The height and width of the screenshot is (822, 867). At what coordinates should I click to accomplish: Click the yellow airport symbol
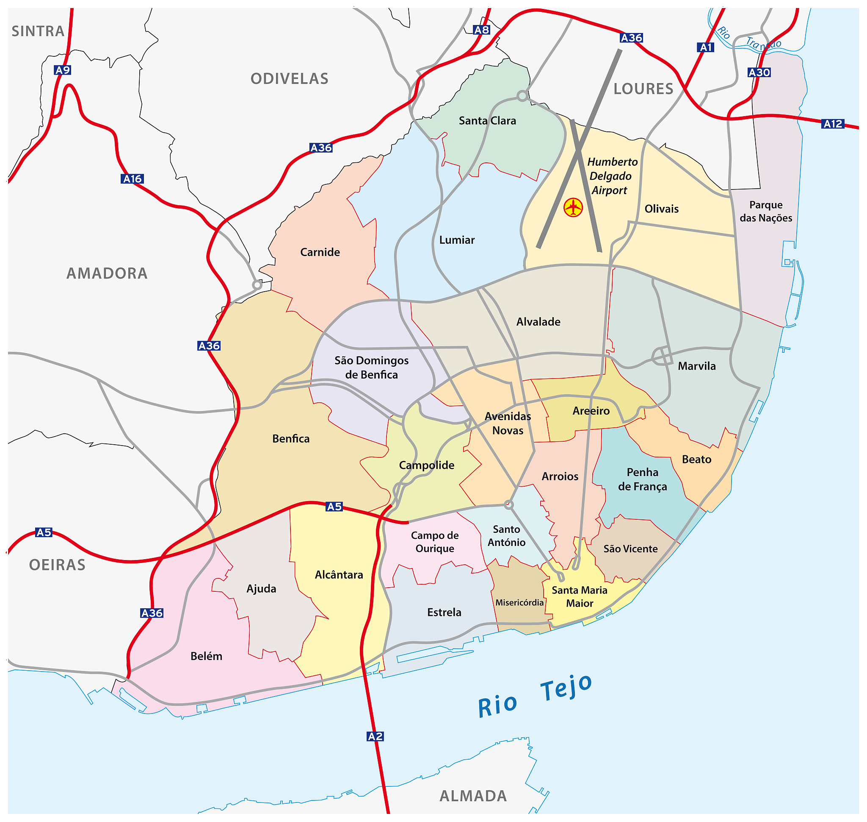[573, 207]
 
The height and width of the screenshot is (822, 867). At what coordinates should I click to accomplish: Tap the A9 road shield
[63, 70]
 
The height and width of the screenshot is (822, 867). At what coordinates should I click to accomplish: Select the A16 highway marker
[132, 179]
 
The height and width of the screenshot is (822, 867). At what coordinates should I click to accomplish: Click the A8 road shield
[481, 30]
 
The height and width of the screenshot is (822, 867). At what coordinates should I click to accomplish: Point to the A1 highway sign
[705, 47]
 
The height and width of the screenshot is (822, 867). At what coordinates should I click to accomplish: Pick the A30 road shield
[759, 72]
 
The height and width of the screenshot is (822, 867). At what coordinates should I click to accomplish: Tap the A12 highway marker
[832, 124]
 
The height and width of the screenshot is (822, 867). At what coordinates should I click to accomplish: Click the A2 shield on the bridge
[375, 736]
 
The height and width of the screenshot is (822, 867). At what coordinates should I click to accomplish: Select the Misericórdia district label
[519, 602]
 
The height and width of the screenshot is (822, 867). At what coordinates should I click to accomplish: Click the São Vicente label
[630, 549]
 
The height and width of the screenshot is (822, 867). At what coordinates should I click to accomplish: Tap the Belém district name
[206, 656]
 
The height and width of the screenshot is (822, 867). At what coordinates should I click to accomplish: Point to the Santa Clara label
[487, 120]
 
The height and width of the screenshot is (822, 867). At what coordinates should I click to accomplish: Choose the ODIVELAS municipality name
[289, 79]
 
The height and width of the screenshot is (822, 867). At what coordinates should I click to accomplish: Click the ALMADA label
[473, 796]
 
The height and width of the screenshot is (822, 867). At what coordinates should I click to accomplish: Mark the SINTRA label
[38, 31]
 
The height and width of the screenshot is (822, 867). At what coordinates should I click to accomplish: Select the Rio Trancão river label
[749, 39]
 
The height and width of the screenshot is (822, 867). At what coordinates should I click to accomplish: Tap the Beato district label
[696, 459]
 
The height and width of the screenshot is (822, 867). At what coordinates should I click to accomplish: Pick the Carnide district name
[320, 252]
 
